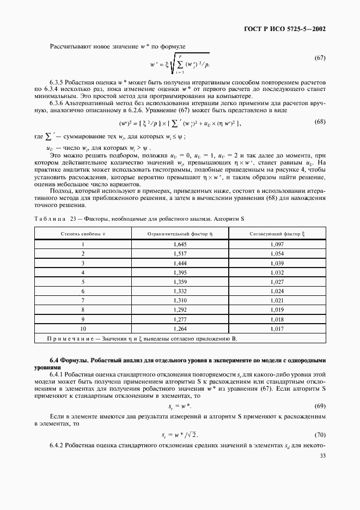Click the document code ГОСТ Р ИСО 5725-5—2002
pos(292,29)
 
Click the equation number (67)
pos(320,58)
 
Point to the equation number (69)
pos(320,407)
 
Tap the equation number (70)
pos(320,434)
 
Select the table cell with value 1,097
pos(277,245)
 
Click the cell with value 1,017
pos(277,329)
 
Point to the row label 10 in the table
pos(83,329)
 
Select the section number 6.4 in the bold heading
pos(54,360)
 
